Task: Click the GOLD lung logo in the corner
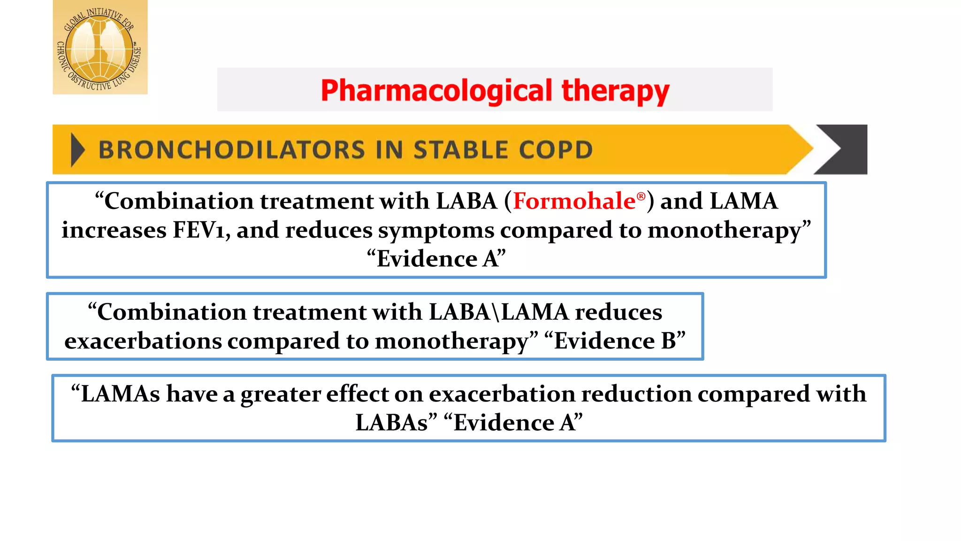[x=100, y=47]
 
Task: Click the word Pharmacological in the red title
[x=436, y=91]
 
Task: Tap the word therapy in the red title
[x=615, y=91]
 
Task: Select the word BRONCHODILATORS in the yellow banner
[x=231, y=150]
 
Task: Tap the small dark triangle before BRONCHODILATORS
[x=77, y=150]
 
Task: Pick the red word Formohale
[x=574, y=201]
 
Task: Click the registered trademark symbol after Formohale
[x=641, y=197]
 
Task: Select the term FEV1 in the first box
[x=199, y=230]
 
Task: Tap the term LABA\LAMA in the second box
[x=498, y=312]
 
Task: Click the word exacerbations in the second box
[x=143, y=341]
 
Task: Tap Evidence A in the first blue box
[x=436, y=259]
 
